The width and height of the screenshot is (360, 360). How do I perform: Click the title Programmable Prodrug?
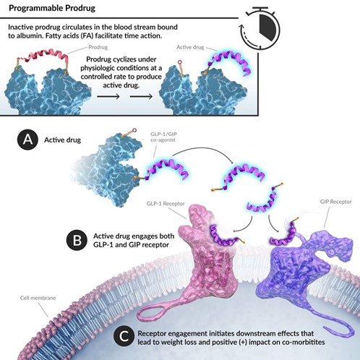[x=52, y=8]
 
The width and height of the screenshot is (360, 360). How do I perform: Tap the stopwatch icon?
[x=260, y=27]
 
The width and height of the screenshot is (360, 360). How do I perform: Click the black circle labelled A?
[x=27, y=140]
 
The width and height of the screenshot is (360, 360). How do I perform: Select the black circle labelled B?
[x=77, y=240]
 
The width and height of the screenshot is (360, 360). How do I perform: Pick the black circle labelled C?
[x=124, y=336]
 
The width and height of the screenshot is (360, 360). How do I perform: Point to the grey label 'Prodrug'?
[x=98, y=47]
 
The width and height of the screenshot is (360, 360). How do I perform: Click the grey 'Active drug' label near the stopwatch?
[x=190, y=47]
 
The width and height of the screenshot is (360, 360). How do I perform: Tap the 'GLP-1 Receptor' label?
[x=166, y=204]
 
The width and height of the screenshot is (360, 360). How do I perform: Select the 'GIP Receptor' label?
[x=335, y=202]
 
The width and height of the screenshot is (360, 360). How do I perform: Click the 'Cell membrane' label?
[x=38, y=298]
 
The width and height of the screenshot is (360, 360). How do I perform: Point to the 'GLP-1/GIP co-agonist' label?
[x=163, y=137]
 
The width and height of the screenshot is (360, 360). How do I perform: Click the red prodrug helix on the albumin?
[x=43, y=56]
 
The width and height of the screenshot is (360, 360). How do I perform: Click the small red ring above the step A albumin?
[x=134, y=130]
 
